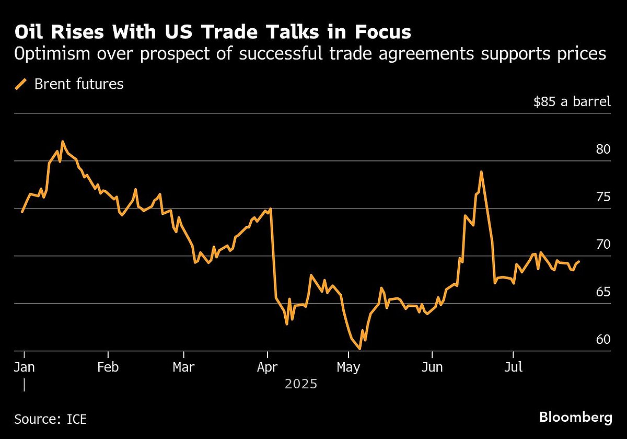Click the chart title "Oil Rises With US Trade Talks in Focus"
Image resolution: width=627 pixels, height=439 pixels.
[x=213, y=32]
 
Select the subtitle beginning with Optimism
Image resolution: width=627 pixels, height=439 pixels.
[x=310, y=54]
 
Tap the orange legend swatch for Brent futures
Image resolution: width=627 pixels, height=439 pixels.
[x=21, y=84]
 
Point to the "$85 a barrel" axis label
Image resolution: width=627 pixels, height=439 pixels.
[x=572, y=101]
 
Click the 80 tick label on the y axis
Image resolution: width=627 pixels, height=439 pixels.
[x=603, y=149]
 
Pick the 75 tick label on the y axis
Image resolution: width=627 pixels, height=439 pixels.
[x=603, y=197]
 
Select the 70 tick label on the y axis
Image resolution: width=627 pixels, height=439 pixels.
[x=603, y=245]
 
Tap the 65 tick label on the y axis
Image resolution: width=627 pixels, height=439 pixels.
[x=603, y=292]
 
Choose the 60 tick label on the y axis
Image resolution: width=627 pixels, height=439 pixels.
[x=603, y=340]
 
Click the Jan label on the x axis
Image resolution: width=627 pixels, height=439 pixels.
[x=24, y=367]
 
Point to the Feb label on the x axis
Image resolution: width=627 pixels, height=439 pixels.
[x=108, y=367]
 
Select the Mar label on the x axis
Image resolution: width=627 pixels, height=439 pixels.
[x=184, y=367]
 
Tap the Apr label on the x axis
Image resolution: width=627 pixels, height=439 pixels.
[x=267, y=367]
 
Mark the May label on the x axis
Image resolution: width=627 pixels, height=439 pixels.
[x=348, y=367]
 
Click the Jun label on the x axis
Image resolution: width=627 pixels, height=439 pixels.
[x=432, y=367]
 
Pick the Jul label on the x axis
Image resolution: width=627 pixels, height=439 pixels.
[x=513, y=367]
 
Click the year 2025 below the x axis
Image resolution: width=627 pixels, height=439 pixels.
[x=301, y=385]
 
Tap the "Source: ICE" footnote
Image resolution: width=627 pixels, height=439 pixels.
[x=51, y=419]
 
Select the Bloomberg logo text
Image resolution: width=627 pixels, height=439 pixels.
[x=575, y=418]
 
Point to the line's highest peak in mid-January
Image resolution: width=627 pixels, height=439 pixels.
[x=63, y=142]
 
